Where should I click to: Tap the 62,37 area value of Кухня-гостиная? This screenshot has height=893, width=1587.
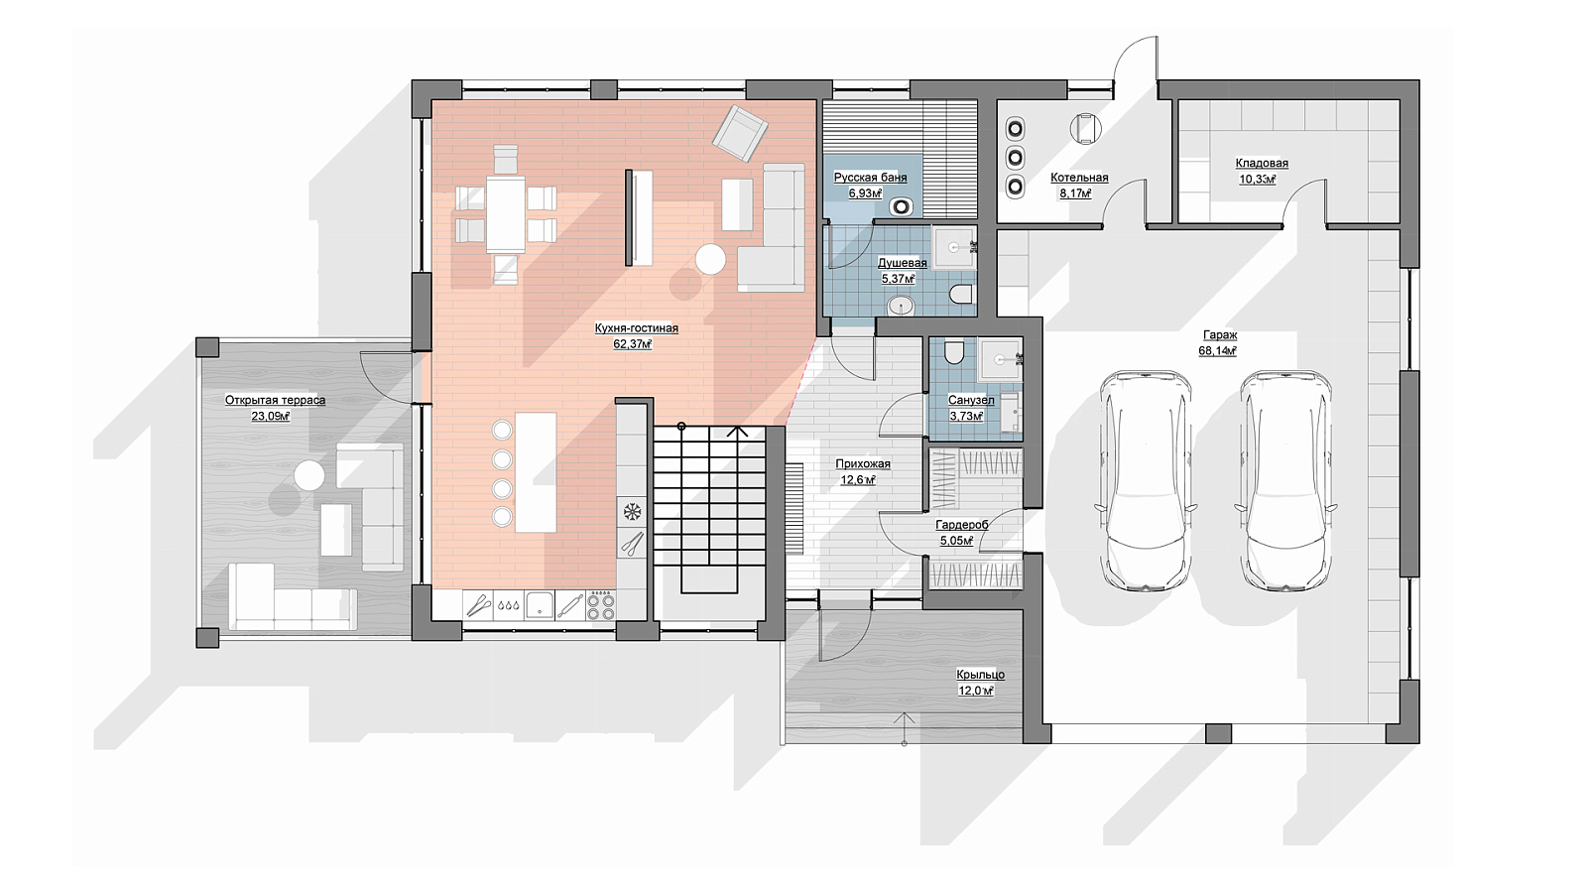[632, 344]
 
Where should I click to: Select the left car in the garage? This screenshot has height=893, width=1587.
[1146, 480]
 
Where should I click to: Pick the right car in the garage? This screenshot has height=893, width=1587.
[1285, 480]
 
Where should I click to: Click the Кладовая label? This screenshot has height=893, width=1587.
[1262, 163]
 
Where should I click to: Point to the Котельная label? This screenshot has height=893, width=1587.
[1079, 178]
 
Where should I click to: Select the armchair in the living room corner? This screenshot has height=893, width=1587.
[740, 133]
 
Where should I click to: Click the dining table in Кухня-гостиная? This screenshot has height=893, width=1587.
[506, 214]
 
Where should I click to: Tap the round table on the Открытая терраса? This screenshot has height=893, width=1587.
[309, 475]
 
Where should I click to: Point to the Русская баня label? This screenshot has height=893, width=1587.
[870, 178]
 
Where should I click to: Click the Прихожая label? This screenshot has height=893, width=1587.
[863, 464]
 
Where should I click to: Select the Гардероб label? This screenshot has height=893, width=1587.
[961, 525]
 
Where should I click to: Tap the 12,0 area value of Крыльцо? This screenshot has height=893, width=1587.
[976, 691]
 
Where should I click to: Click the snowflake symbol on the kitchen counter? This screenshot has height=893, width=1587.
[631, 512]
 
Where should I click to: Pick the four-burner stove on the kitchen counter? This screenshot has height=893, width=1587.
[602, 606]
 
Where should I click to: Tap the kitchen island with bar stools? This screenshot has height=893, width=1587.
[535, 472]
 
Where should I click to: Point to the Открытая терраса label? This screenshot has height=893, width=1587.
[275, 401]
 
